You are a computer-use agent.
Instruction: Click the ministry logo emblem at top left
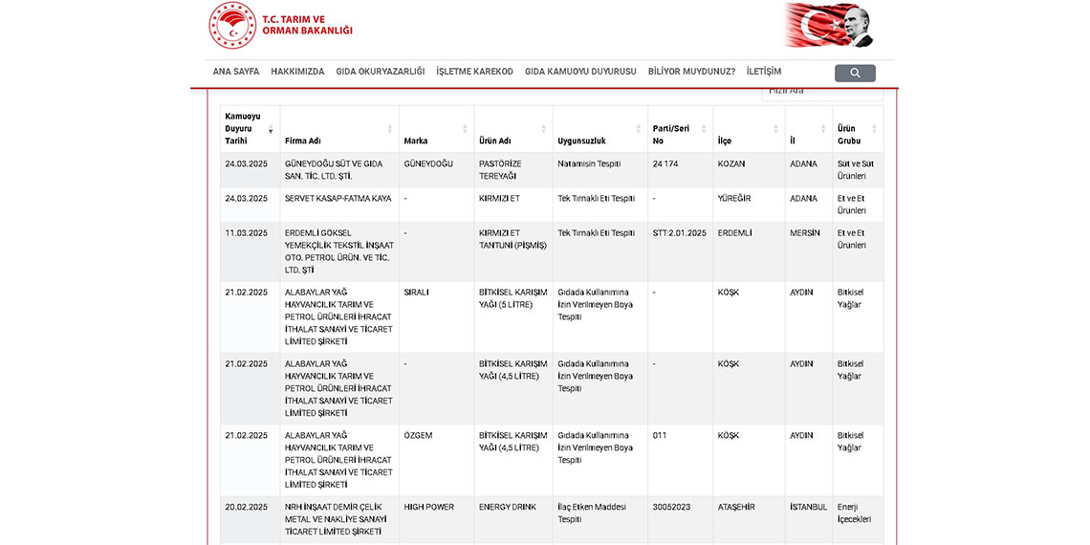coord(232,25)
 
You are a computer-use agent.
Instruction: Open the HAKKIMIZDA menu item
coord(297,72)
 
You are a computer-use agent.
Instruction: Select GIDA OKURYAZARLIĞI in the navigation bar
coord(381,72)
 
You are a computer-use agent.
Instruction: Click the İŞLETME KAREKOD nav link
coord(474,72)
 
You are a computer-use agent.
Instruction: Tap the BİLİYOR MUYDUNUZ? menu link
coord(691,72)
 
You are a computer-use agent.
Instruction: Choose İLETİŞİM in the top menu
coord(764,72)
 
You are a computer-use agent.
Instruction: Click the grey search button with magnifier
coord(855,73)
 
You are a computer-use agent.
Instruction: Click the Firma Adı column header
coord(303,141)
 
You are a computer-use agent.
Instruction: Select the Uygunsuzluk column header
coord(581,141)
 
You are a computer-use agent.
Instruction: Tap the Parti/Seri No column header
coord(671,134)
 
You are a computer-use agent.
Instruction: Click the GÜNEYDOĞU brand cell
coord(428,163)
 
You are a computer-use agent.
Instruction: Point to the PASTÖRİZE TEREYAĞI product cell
coord(500,169)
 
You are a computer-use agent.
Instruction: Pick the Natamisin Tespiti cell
coord(589,163)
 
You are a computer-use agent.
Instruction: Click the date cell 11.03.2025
coord(247,233)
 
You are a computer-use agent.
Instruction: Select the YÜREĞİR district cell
coord(733,199)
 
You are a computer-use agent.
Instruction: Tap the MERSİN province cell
coord(805,233)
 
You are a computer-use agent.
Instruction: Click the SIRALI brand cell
coord(416,293)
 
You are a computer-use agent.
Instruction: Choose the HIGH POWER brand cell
coord(429,507)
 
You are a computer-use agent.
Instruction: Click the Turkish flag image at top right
coord(829,25)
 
